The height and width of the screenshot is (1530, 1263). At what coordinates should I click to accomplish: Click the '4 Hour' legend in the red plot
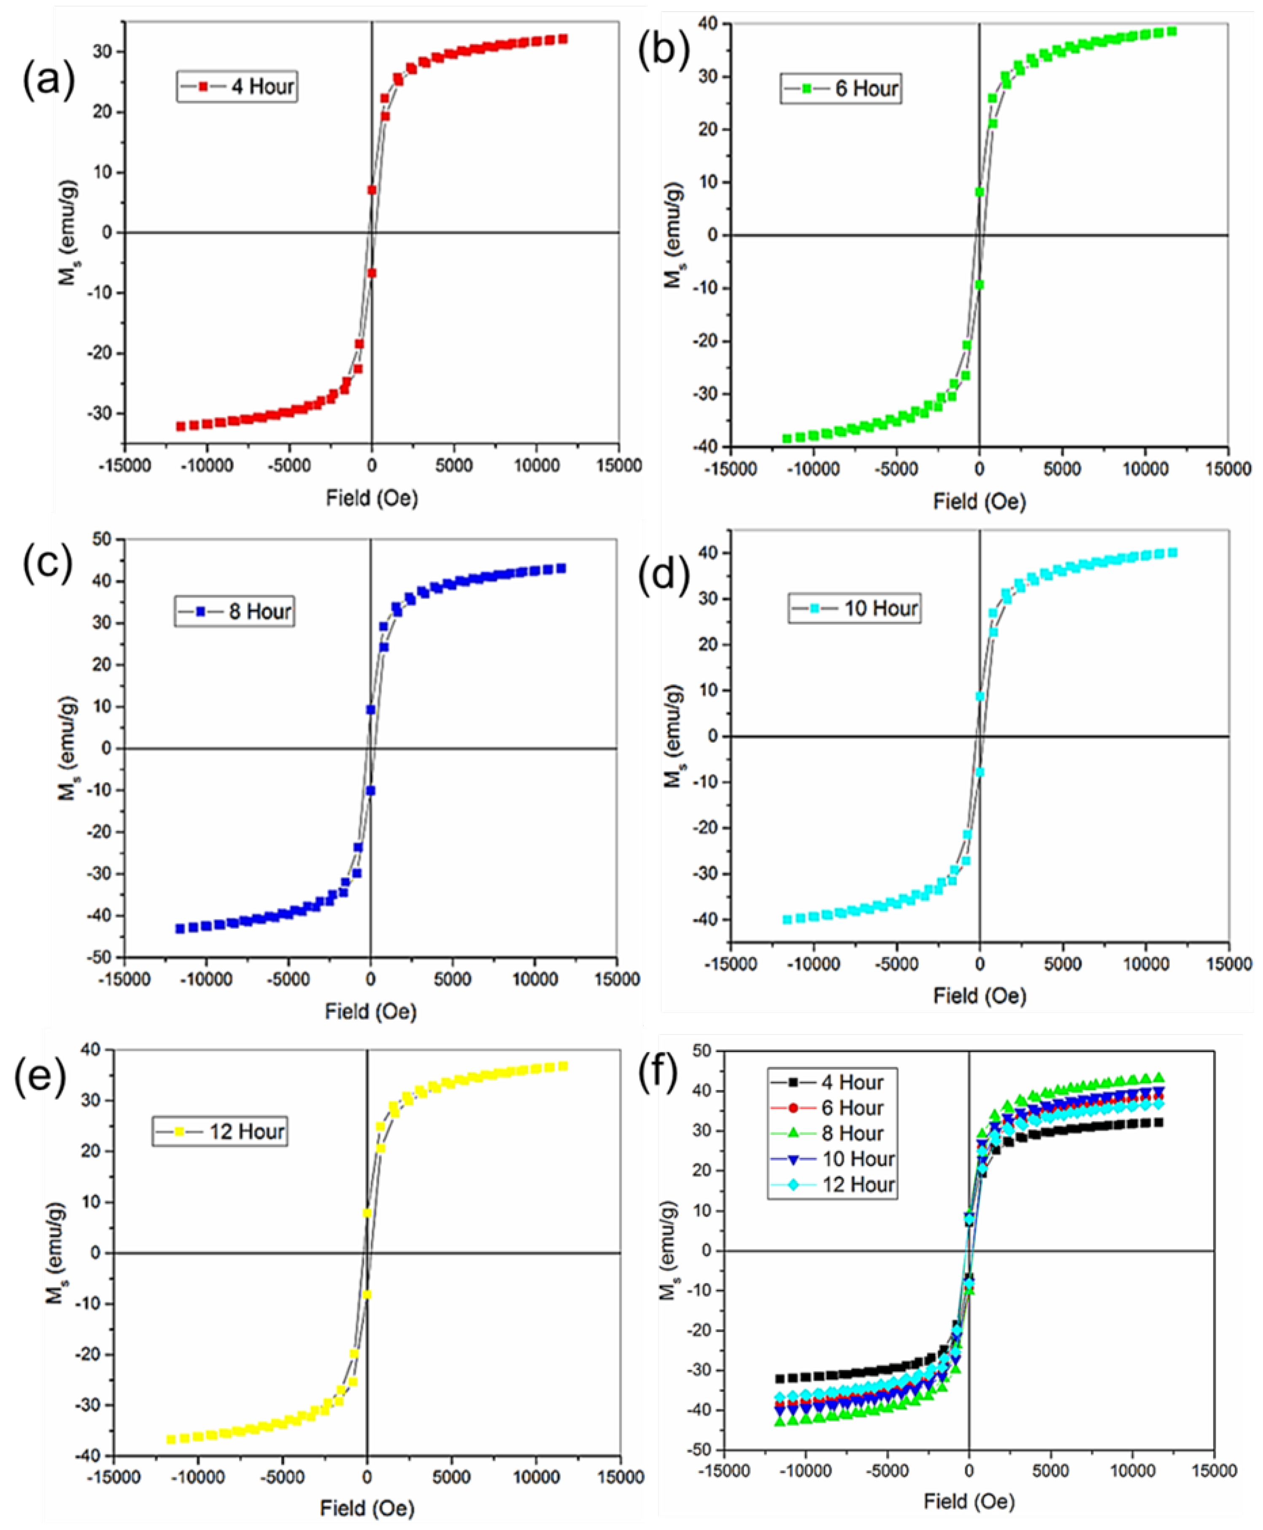coord(237,86)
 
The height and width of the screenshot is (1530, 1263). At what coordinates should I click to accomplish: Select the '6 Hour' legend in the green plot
coord(841,89)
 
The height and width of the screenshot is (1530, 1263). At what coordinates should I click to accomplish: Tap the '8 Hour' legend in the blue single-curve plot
coord(234,611)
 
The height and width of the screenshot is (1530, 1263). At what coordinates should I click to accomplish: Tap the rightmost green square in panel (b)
coord(1172,31)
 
